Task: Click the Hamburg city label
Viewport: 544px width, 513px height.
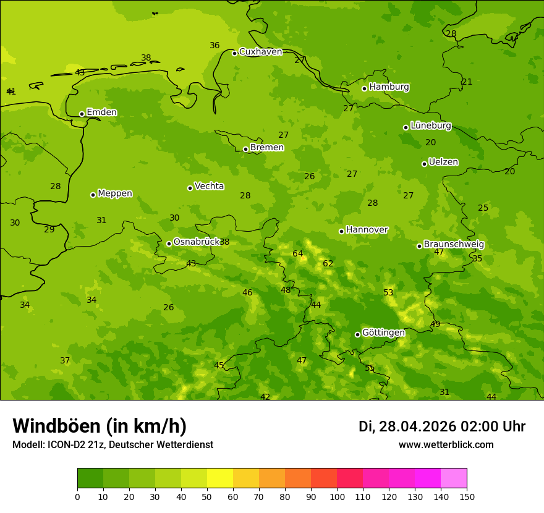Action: tap(389, 87)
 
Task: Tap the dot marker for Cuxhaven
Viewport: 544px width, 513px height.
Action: tap(234, 53)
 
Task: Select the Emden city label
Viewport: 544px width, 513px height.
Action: tap(101, 112)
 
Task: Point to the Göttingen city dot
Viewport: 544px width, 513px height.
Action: tap(357, 334)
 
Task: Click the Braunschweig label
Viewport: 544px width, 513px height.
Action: tap(454, 245)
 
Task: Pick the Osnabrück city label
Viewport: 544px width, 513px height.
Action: tap(196, 242)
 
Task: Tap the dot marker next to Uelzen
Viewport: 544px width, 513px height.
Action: tap(424, 164)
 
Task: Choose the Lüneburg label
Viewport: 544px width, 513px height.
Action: tap(431, 125)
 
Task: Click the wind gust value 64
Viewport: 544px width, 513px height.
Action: tap(298, 254)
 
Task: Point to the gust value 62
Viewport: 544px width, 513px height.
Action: tap(328, 264)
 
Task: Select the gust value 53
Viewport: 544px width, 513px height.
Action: tap(388, 293)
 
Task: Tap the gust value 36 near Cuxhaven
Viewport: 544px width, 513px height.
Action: tap(215, 46)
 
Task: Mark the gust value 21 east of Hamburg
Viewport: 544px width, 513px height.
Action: tap(467, 82)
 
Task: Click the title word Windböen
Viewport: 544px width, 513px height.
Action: tap(56, 426)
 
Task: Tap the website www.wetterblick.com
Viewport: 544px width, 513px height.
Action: tap(446, 445)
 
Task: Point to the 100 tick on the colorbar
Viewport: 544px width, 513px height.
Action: tap(337, 496)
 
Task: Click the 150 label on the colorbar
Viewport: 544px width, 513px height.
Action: tap(467, 496)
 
